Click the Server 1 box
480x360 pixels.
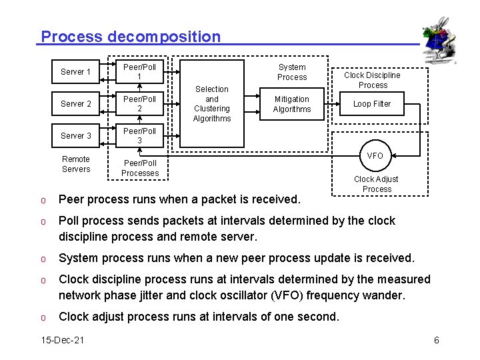pos(75,71)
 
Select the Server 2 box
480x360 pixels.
pos(75,103)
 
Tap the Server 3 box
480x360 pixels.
pos(75,135)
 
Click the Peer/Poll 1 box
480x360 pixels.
pos(139,71)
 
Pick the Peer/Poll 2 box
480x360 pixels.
pos(139,103)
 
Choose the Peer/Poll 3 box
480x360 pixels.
pos(139,135)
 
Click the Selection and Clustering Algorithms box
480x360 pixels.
pos(212,103)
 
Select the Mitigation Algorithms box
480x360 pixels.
pos(291,104)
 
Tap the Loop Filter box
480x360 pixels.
pos(372,104)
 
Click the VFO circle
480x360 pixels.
pos(375,155)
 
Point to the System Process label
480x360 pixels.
pos(292,72)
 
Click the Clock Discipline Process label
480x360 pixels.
pos(373,80)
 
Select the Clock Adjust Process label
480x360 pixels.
pos(377,184)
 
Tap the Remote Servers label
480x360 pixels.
pos(76,164)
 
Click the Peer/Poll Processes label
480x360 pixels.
pos(140,168)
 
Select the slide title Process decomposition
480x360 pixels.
pos(131,37)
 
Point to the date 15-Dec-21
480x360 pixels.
pos(63,341)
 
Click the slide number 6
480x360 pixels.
pos(437,341)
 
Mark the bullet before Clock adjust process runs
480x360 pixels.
pos(42,317)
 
